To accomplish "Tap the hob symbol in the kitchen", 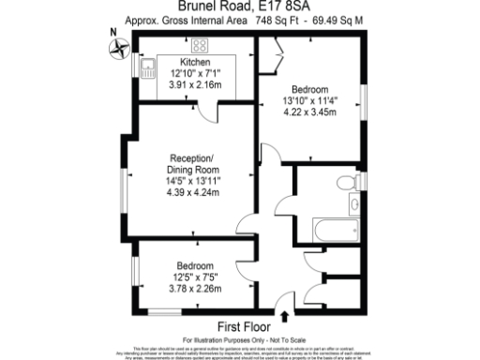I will tap(201, 44).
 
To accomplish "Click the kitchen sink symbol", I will tap(150, 67).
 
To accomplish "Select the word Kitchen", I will tap(195, 61).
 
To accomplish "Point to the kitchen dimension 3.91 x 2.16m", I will tap(195, 83).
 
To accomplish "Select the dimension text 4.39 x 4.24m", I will tap(192, 194).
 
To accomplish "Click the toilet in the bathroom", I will tap(351, 181).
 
